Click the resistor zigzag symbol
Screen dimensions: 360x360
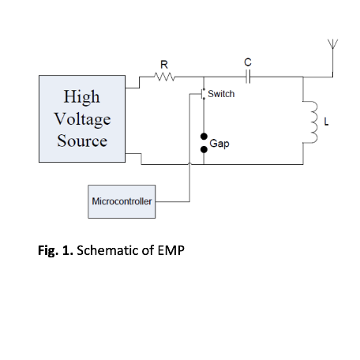(x=164, y=77)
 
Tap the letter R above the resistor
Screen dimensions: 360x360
(x=164, y=65)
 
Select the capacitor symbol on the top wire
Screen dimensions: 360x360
(x=248, y=77)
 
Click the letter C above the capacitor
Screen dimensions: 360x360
(x=248, y=62)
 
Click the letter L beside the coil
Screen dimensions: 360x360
(x=326, y=122)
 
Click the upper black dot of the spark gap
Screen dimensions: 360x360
(x=204, y=137)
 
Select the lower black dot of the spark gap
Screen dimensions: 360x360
(x=204, y=149)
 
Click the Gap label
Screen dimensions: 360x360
(x=219, y=144)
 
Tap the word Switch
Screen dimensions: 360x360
(x=221, y=94)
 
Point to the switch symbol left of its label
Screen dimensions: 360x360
(x=202, y=94)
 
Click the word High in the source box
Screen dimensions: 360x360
(x=82, y=97)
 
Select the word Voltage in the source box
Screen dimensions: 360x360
(x=82, y=119)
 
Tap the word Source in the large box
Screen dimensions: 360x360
(x=82, y=141)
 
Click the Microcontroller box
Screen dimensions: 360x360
(x=122, y=201)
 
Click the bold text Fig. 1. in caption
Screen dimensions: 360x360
(x=55, y=250)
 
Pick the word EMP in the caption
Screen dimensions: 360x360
(x=171, y=250)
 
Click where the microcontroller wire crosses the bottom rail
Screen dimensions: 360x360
(x=189, y=164)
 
